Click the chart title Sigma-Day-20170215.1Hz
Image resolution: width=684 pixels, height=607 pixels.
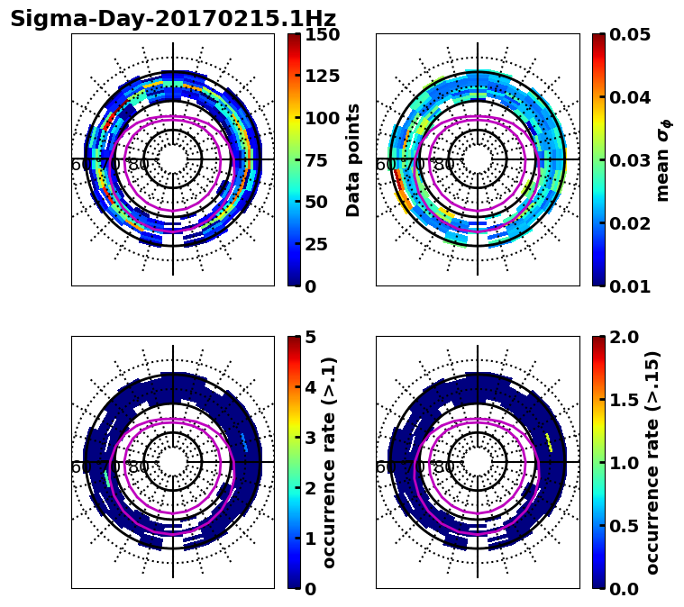point(172,19)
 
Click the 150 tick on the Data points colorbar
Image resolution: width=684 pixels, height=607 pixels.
point(322,35)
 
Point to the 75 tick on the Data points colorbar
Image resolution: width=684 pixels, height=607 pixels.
point(316,160)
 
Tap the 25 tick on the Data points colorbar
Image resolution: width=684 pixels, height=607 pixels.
point(316,244)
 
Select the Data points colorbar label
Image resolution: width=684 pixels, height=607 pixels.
point(353,159)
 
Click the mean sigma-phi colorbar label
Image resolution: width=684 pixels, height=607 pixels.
point(663,160)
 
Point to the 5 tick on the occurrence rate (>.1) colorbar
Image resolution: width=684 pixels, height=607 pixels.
point(310,338)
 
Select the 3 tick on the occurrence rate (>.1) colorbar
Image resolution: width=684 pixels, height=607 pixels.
point(310,438)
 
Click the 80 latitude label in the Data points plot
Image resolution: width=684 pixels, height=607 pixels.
point(139,165)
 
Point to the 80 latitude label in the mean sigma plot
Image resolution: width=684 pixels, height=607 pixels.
point(443,165)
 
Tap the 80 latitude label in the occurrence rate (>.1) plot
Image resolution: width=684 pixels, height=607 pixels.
point(139,467)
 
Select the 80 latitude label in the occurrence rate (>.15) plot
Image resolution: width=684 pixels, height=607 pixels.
point(443,467)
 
